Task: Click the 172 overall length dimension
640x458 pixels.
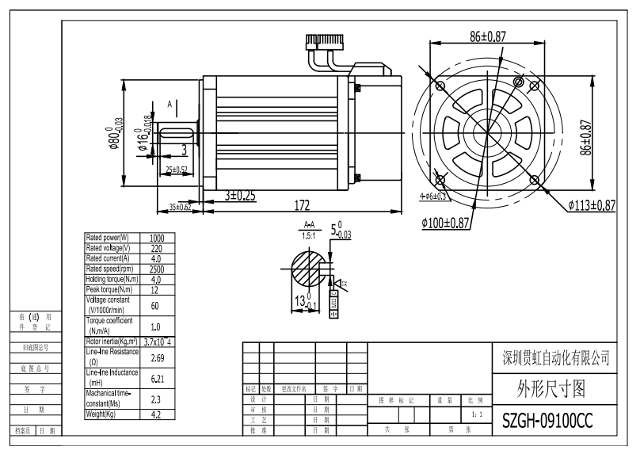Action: pos(302,205)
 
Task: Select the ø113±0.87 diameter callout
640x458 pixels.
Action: pos(591,205)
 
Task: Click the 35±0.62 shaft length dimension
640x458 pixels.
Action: pos(180,207)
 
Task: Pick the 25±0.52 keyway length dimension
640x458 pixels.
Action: pos(177,170)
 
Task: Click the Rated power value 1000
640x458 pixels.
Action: pos(157,238)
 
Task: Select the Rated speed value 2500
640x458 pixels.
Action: pos(157,269)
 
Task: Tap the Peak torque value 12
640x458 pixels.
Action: pos(157,289)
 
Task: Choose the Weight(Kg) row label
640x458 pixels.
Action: pos(112,414)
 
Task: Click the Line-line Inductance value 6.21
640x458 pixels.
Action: pos(157,378)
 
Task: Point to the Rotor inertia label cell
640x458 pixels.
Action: pos(112,342)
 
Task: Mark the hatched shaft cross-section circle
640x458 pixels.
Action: pos(307,269)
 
